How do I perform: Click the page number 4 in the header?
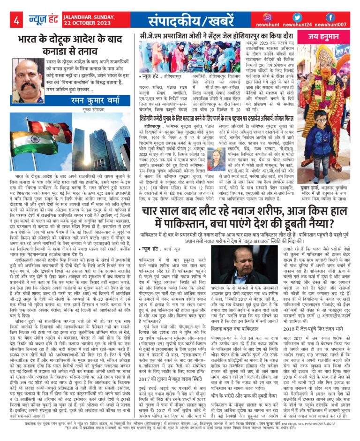(16, 20)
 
